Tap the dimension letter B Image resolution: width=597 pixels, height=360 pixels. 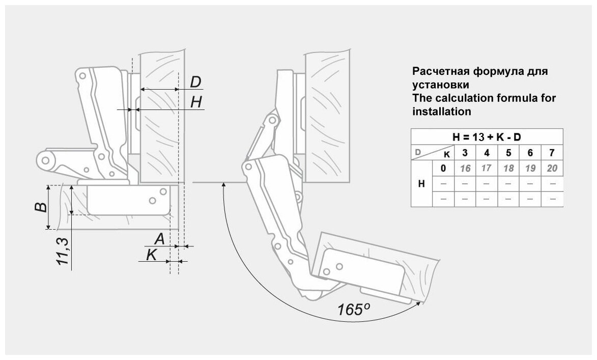[x=42, y=206]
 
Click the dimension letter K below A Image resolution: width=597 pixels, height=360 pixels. [x=151, y=255]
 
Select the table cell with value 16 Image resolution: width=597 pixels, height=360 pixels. [x=465, y=168]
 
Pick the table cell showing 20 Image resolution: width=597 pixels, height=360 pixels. [x=552, y=168]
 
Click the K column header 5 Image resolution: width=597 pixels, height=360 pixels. [x=508, y=152]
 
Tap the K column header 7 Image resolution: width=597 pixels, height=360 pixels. [x=552, y=152]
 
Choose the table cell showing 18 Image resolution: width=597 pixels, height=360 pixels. [x=508, y=168]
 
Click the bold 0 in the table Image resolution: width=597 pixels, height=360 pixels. [x=443, y=168]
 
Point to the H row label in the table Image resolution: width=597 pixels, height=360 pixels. [x=421, y=183]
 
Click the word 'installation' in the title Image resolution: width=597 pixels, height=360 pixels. [x=441, y=111]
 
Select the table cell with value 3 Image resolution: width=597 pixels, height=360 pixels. [x=465, y=152]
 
